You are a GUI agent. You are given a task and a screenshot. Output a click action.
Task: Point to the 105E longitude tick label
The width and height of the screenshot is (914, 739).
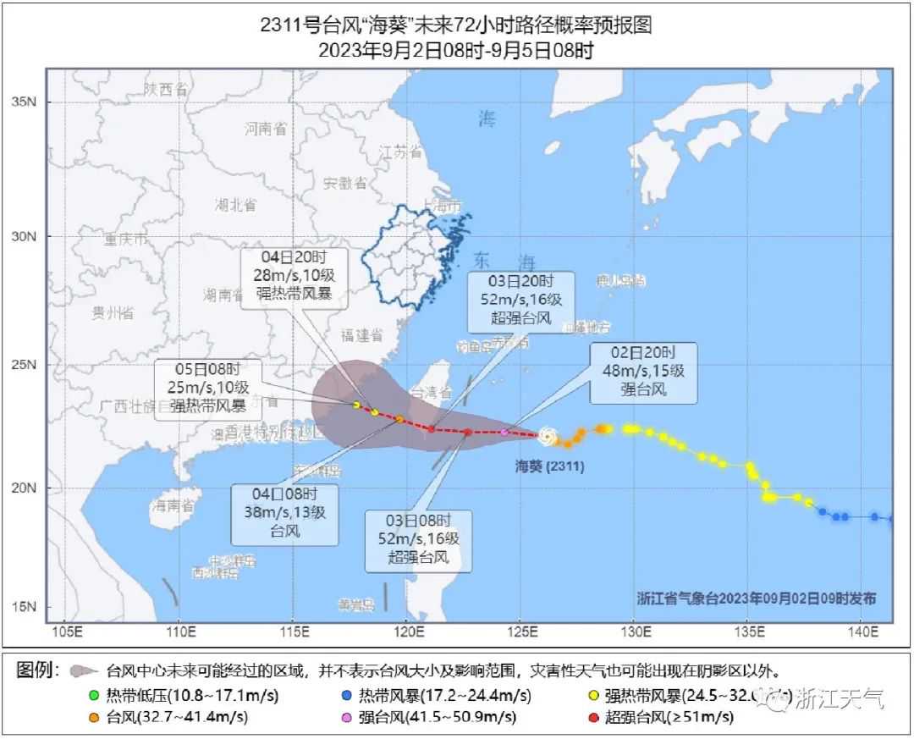click(x=66, y=631)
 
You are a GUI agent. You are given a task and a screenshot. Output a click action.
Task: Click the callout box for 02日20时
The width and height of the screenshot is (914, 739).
click(x=643, y=372)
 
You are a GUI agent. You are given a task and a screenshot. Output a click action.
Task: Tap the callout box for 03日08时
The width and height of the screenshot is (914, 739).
click(x=418, y=540)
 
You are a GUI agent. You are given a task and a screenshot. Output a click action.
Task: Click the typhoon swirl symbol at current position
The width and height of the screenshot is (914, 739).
click(x=548, y=436)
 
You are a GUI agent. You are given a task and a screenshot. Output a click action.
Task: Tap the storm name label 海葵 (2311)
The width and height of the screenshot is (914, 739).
click(x=549, y=466)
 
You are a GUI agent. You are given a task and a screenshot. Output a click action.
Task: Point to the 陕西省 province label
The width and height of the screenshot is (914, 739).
click(x=164, y=89)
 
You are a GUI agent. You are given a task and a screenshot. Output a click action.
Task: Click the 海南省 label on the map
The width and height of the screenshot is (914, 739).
click(x=173, y=506)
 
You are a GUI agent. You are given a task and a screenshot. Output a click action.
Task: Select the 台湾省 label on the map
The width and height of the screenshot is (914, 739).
click(x=431, y=392)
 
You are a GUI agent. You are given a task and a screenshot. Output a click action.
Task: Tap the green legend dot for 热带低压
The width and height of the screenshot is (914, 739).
click(x=95, y=697)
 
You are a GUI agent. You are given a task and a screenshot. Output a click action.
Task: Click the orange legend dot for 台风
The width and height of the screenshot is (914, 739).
click(x=95, y=718)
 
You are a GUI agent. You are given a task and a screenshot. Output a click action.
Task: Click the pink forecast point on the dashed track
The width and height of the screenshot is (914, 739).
click(x=504, y=433)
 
